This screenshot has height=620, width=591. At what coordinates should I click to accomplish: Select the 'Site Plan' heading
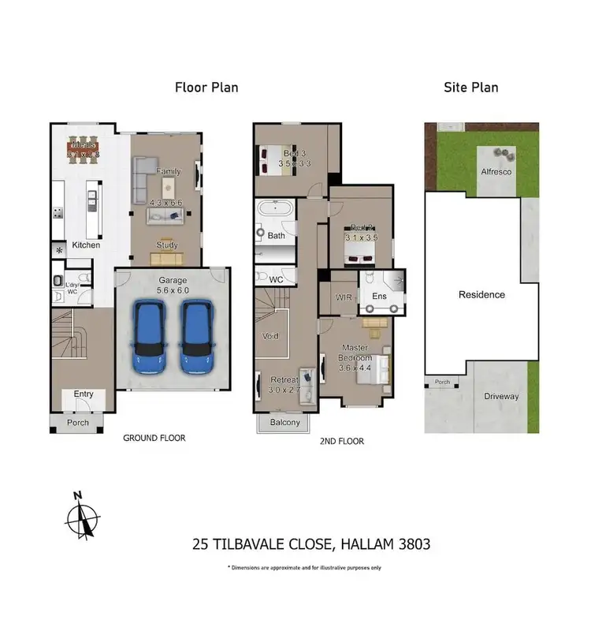[x=471, y=87]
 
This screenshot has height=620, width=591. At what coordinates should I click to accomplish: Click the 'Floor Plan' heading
[x=206, y=87]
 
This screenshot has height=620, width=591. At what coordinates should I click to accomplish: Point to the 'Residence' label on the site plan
[x=481, y=294]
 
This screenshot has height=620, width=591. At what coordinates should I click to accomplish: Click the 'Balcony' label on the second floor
[x=284, y=423]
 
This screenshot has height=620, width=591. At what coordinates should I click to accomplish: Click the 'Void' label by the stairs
[x=269, y=336]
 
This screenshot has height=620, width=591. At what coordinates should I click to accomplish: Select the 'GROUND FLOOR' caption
[x=154, y=438]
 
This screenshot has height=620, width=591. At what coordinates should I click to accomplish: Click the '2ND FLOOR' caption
[x=343, y=442]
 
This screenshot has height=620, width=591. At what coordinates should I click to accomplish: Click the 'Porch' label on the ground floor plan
[x=77, y=423]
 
